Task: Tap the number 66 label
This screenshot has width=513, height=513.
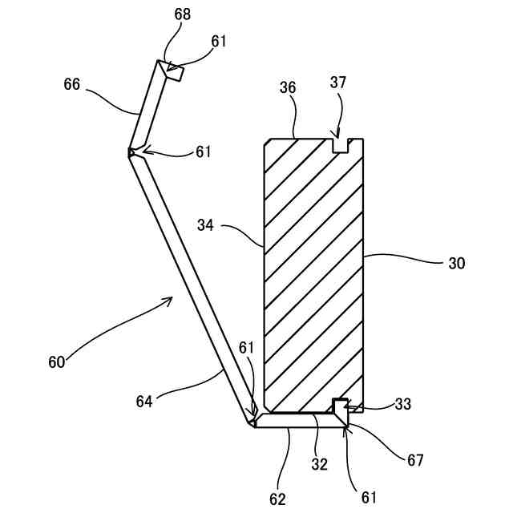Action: tap(72, 83)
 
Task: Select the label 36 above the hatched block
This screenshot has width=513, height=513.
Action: tap(289, 88)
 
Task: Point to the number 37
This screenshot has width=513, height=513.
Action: tap(338, 83)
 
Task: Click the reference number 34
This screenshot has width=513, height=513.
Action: tap(207, 225)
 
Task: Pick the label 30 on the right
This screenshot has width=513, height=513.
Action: tap(457, 262)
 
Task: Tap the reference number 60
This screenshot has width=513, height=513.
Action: tap(56, 362)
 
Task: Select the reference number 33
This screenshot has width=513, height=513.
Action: tap(403, 405)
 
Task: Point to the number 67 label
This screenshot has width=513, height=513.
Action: tap(414, 460)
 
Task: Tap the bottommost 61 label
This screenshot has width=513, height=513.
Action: tap(368, 496)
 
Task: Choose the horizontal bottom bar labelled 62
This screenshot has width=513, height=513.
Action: tap(297, 421)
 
